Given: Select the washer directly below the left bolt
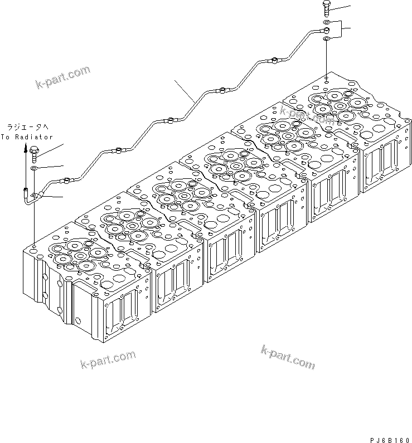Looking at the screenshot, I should click(x=35, y=167).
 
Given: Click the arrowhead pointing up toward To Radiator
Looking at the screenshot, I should click(x=26, y=148).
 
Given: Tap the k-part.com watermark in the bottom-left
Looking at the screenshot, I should click(x=108, y=359).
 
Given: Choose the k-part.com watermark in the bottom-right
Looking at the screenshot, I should click(x=287, y=357).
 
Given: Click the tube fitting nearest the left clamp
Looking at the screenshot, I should click(x=67, y=179).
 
